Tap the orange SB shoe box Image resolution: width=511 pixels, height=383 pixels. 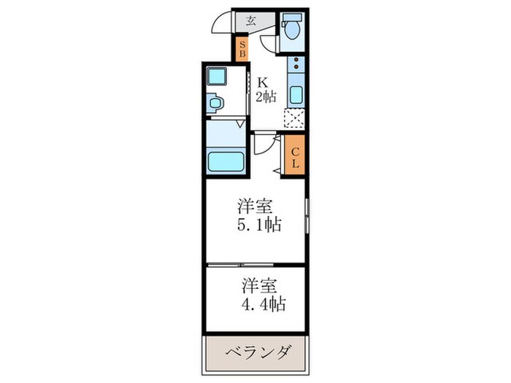pyautogui.click(x=243, y=50)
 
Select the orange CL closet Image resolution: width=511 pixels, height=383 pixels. pyautogui.click(x=295, y=156)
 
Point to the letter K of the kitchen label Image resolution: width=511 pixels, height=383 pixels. pyautogui.click(x=261, y=82)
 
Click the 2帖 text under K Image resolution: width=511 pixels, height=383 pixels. pyautogui.click(x=265, y=96)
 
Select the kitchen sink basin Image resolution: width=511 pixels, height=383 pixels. pyautogui.click(x=296, y=94)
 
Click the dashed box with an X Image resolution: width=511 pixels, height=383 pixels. pyautogui.click(x=295, y=119)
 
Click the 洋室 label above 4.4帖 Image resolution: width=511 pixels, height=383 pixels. pyautogui.click(x=258, y=282)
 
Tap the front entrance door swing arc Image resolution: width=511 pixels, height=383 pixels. pyautogui.click(x=221, y=25)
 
